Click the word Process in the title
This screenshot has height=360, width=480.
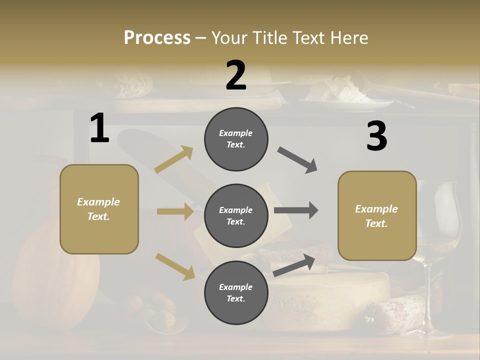pyautogui.click(x=157, y=37)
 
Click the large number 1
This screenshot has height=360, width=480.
pyautogui.click(x=99, y=128)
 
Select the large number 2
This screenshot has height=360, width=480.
pyautogui.click(x=236, y=75)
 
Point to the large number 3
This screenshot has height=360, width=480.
pyautogui.click(x=376, y=136)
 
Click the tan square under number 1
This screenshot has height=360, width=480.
pyautogui.click(x=99, y=209)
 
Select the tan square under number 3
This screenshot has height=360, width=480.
pyautogui.click(x=377, y=215)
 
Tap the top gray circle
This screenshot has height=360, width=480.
pyautogui.click(x=236, y=139)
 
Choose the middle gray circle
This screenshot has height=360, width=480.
pyautogui.click(x=236, y=215)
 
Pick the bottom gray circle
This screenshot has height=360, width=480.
pyautogui.click(x=236, y=292)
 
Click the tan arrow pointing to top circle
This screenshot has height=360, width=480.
pyautogui.click(x=174, y=159)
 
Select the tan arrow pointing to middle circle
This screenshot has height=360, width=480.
pyautogui.click(x=175, y=211)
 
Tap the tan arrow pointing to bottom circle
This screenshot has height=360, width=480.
pyautogui.click(x=175, y=266)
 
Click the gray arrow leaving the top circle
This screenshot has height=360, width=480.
pyautogui.click(x=297, y=160)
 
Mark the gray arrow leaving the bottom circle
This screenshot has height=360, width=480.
pyautogui.click(x=294, y=265)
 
